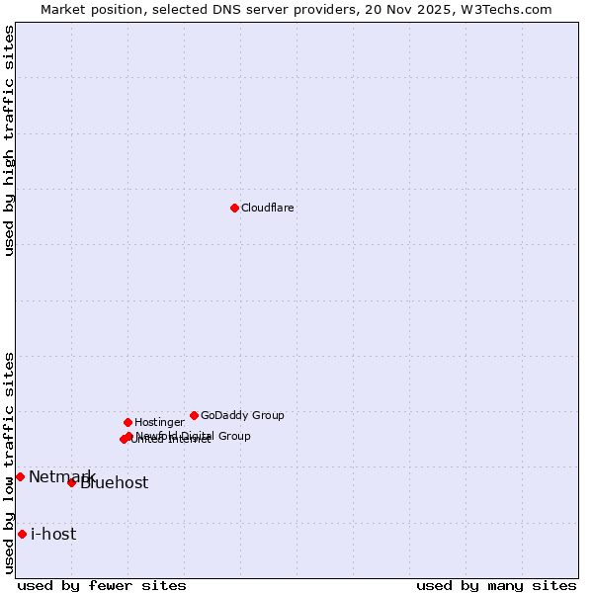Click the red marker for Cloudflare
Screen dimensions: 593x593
point(234,208)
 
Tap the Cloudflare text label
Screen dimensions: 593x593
point(267,209)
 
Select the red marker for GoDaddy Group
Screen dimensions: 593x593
point(194,415)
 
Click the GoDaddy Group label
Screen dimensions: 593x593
point(242,416)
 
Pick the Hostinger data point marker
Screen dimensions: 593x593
point(127,422)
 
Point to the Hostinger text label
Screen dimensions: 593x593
point(159,423)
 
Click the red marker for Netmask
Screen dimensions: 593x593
point(20,476)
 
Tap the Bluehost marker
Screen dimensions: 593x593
point(71,482)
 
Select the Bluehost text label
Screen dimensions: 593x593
point(115,483)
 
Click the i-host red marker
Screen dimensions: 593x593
point(22,534)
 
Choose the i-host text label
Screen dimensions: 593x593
point(53,535)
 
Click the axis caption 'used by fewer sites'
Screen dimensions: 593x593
point(102,585)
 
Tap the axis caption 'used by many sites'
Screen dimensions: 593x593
point(496,585)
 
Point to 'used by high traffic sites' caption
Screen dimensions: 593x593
point(9,140)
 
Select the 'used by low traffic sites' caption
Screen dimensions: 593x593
point(9,463)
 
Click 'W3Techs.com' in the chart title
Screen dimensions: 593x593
point(511,9)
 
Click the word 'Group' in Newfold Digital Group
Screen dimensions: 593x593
point(233,436)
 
